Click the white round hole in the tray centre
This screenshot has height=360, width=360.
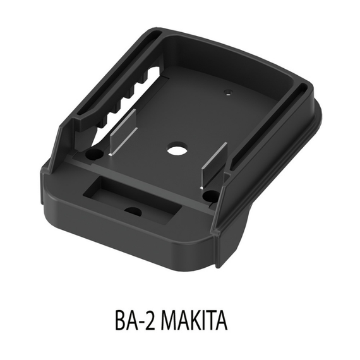(175, 152)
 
